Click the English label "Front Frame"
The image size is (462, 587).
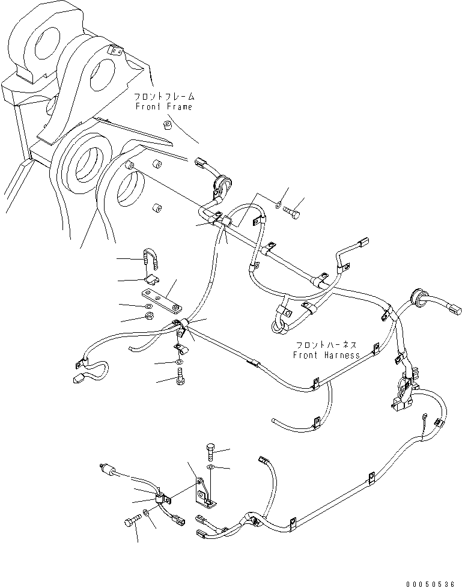point(164,107)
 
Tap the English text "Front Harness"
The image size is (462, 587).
point(326,355)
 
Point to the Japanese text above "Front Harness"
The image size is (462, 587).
point(327,345)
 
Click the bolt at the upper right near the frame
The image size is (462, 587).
point(293,212)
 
